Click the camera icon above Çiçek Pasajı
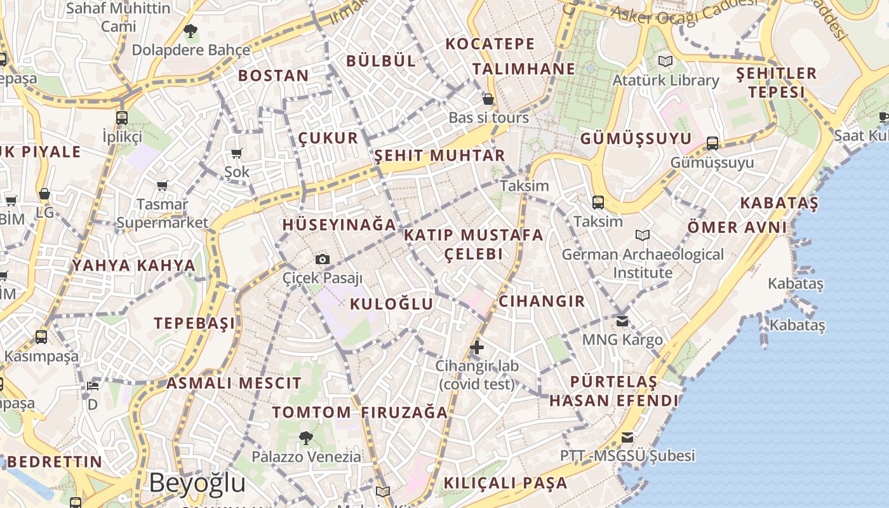pyautogui.click(x=323, y=259)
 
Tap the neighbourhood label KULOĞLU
pyautogui.click(x=392, y=304)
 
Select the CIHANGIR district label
pyautogui.click(x=542, y=301)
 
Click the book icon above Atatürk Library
pyautogui.click(x=665, y=61)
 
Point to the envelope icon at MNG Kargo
pyautogui.click(x=622, y=321)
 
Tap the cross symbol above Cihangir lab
pyautogui.click(x=477, y=347)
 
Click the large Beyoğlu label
pyautogui.click(x=197, y=483)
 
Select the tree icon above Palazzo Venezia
pyautogui.click(x=306, y=438)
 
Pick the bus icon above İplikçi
pyautogui.click(x=122, y=117)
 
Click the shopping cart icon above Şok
pyautogui.click(x=237, y=153)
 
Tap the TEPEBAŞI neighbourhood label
pyautogui.click(x=194, y=323)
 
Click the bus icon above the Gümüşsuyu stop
pyautogui.click(x=712, y=144)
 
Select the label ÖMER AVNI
pyautogui.click(x=737, y=227)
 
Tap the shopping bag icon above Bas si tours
pyautogui.click(x=488, y=99)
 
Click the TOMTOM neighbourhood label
pyautogui.click(x=312, y=412)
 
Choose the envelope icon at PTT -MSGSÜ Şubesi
pyautogui.click(x=627, y=437)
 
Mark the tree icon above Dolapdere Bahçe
pyautogui.click(x=190, y=30)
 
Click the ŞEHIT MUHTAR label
pyautogui.click(x=439, y=156)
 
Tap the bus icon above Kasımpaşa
pyautogui.click(x=41, y=337)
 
